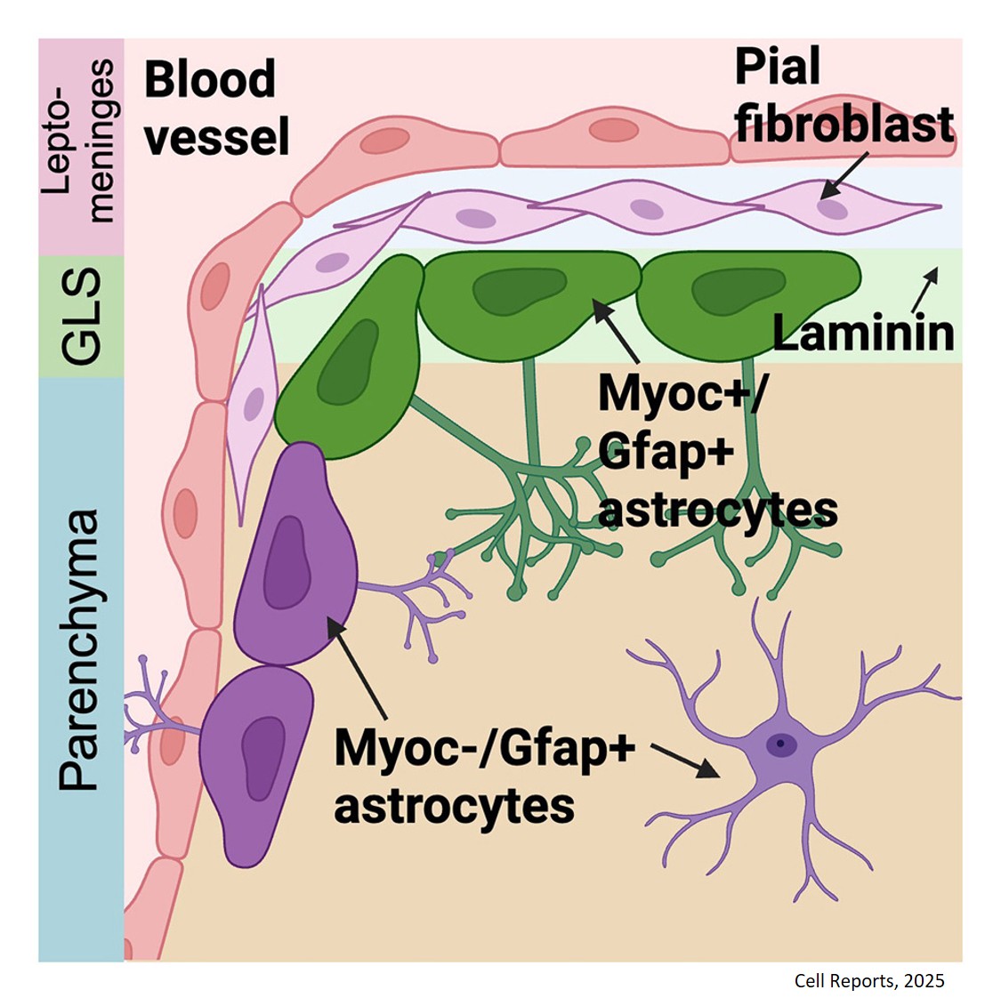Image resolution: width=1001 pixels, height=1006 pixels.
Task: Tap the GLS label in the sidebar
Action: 82,317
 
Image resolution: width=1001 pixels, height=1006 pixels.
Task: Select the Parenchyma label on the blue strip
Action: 79,649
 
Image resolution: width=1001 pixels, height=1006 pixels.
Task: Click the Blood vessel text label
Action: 217,107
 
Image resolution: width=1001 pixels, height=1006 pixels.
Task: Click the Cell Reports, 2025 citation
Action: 869,981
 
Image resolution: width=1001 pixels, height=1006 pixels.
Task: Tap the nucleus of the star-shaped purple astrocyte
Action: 781,744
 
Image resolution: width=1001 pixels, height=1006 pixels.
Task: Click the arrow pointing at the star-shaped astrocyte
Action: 685,761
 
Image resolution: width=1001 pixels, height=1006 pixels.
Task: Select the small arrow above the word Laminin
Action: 924,290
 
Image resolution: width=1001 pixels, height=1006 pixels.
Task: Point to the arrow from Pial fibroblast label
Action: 844,175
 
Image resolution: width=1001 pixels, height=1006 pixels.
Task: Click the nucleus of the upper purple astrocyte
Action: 287,563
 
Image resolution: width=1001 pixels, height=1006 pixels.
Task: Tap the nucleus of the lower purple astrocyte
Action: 263,759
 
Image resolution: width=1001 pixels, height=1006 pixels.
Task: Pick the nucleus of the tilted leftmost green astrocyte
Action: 347,363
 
